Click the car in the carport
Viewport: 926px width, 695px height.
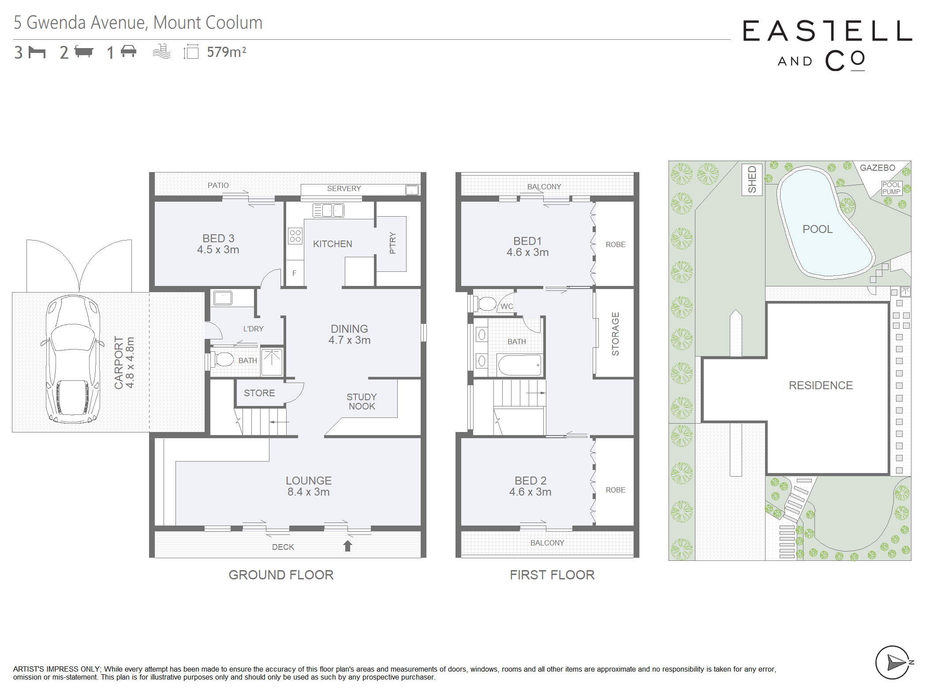pos(73,359)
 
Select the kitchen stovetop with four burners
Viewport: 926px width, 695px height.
pos(295,236)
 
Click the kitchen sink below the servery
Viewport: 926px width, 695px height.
pos(328,210)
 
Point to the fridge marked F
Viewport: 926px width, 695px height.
pos(295,273)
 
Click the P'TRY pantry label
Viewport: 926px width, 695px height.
pos(392,243)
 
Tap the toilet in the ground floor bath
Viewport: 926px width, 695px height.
pos(223,359)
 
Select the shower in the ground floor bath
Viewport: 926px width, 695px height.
pos(272,362)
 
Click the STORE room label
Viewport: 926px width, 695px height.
pos(259,393)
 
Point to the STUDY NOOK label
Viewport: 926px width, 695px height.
pos(362,402)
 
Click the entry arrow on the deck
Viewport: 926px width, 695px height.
pos(347,546)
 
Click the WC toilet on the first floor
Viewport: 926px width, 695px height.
pos(486,304)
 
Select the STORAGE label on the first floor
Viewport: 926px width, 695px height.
pos(616,334)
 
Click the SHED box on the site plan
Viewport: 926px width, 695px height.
pos(752,179)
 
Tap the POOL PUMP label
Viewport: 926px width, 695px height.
pos(891,188)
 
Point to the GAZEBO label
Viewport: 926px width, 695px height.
pos(877,168)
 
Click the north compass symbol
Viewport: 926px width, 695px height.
pos(893,662)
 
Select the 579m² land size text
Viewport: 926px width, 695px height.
pos(227,52)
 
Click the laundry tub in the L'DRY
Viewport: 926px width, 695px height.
pos(223,298)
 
